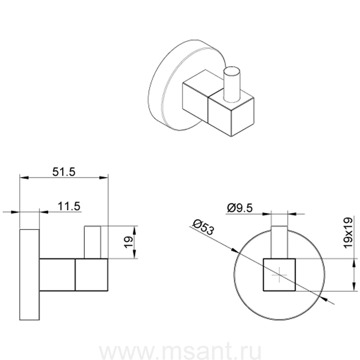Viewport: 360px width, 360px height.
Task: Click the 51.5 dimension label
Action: click(64, 172)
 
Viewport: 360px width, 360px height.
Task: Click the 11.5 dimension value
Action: click(69, 206)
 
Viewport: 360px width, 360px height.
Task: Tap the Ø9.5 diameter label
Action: click(240, 208)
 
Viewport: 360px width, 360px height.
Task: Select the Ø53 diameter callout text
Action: click(203, 227)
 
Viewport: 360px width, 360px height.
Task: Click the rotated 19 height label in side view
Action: click(129, 242)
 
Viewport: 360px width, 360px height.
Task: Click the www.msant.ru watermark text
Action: click(180, 351)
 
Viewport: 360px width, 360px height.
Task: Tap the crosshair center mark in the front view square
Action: click(279, 275)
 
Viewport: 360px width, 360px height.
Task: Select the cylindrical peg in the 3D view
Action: click(232, 84)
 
